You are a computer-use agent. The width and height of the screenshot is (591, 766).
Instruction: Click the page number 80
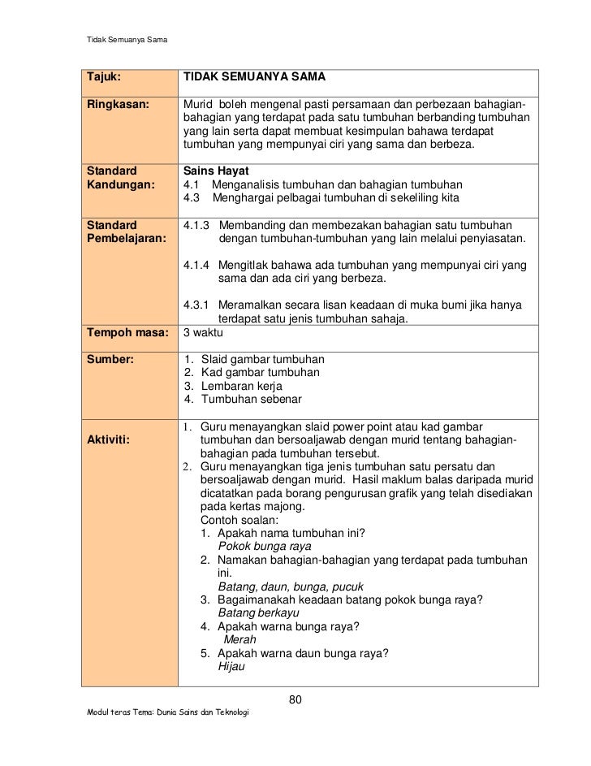(x=295, y=700)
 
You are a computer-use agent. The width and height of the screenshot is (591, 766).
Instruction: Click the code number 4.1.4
(x=197, y=265)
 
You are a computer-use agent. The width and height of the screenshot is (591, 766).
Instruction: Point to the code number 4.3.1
(x=197, y=305)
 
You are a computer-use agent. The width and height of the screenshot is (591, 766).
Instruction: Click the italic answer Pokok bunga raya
(x=265, y=547)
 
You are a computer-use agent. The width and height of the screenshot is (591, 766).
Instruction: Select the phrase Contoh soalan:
(x=241, y=519)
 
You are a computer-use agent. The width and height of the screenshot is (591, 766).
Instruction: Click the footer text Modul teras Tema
(x=130, y=712)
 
